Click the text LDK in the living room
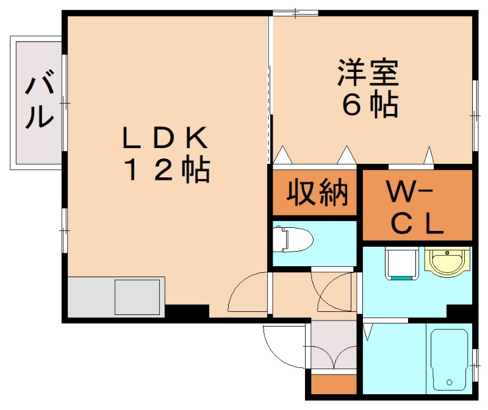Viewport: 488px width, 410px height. pos(166,139)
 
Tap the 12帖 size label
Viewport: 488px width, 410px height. pos(167,172)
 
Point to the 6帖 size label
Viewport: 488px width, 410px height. pos(370,105)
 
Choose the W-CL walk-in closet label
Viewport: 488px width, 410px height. pos(417,210)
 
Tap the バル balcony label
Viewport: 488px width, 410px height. pos(38,101)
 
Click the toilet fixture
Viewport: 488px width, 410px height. pos(292,239)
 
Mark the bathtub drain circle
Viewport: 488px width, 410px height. pos(450,383)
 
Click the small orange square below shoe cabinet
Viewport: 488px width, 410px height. pos(334,384)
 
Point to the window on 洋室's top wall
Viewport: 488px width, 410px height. pos(295,13)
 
